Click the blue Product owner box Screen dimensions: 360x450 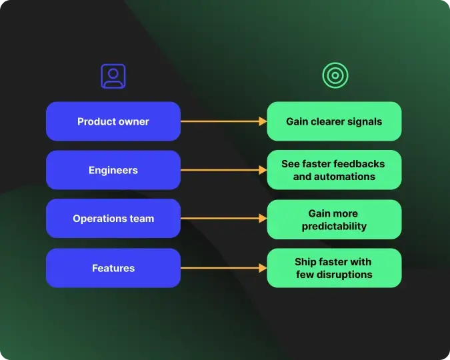[x=113, y=121]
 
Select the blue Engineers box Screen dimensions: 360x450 [x=113, y=170]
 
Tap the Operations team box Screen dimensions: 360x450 [x=113, y=219]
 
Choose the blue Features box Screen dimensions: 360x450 [x=113, y=268]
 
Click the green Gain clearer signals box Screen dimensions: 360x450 [x=334, y=121]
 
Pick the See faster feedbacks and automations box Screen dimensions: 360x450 [x=334, y=170]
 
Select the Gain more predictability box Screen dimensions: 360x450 [x=334, y=219]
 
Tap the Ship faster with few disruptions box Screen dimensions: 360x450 [x=334, y=268]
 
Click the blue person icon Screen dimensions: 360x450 [x=113, y=76]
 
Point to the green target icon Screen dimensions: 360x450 [x=335, y=76]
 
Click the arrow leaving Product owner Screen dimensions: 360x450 [x=223, y=121]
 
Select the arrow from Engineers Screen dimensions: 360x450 [x=223, y=170]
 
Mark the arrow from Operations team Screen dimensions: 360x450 [x=223, y=219]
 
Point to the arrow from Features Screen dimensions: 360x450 [x=223, y=268]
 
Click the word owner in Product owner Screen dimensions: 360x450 [x=133, y=121]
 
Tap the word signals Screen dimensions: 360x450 [x=364, y=121]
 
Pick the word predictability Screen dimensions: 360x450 [x=334, y=226]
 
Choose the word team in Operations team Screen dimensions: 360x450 [x=141, y=219]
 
